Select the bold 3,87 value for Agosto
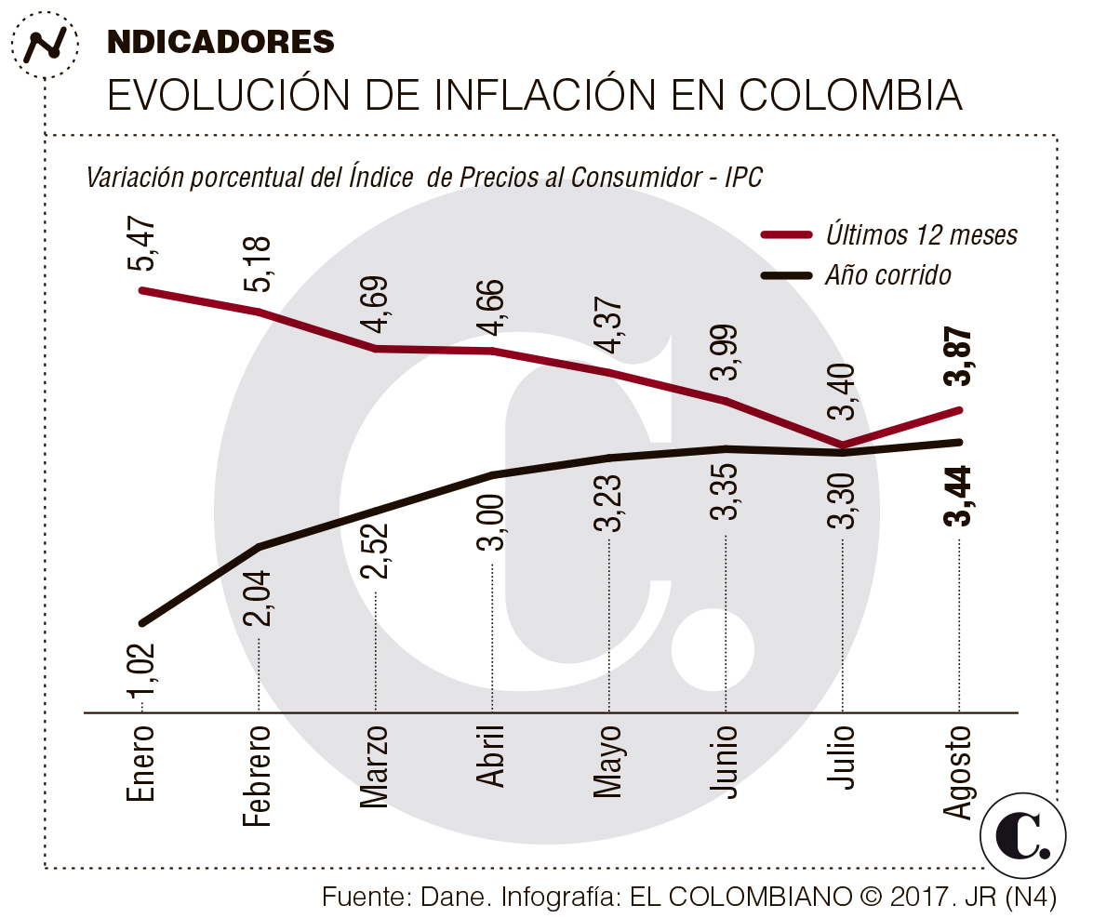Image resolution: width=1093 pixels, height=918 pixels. [x=958, y=357]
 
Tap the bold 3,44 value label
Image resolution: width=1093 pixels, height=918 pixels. [x=958, y=496]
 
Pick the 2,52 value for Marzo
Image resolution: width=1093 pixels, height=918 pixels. [x=376, y=552]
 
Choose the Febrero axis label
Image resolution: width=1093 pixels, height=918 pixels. [x=259, y=775]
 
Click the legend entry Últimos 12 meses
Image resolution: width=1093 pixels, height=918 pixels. [x=921, y=235]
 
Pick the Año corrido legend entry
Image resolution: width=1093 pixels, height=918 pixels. [x=888, y=275]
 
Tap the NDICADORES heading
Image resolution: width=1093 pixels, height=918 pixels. [x=221, y=41]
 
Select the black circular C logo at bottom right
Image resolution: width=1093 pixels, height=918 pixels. [x=1023, y=835]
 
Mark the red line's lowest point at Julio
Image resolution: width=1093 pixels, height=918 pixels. [x=842, y=446]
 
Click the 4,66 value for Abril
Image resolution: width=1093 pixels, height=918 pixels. [x=493, y=306]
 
